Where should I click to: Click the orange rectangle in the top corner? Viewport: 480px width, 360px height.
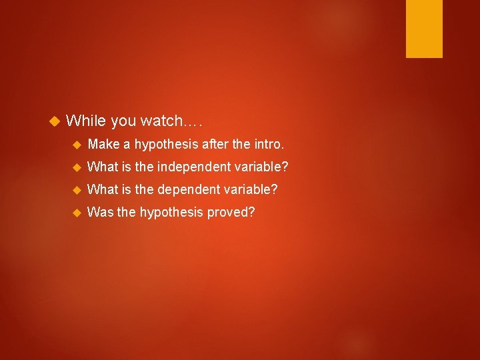[x=424, y=28]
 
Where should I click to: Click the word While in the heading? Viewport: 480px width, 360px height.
[x=86, y=121]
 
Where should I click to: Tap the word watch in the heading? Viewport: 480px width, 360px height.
[x=161, y=121]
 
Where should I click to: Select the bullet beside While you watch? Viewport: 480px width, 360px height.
[x=55, y=121]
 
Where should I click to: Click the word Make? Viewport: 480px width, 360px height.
[x=102, y=144]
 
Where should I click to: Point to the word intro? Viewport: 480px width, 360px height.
[x=268, y=144]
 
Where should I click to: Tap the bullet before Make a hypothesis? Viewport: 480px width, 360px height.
[x=75, y=144]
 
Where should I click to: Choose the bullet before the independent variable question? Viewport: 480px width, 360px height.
[x=75, y=167]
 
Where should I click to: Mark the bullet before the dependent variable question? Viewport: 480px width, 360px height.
[x=75, y=189]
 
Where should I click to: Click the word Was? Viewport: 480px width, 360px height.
[x=99, y=212]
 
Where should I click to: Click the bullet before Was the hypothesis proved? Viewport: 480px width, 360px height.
[x=75, y=212]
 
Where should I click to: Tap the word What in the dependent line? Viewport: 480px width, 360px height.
[x=102, y=189]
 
